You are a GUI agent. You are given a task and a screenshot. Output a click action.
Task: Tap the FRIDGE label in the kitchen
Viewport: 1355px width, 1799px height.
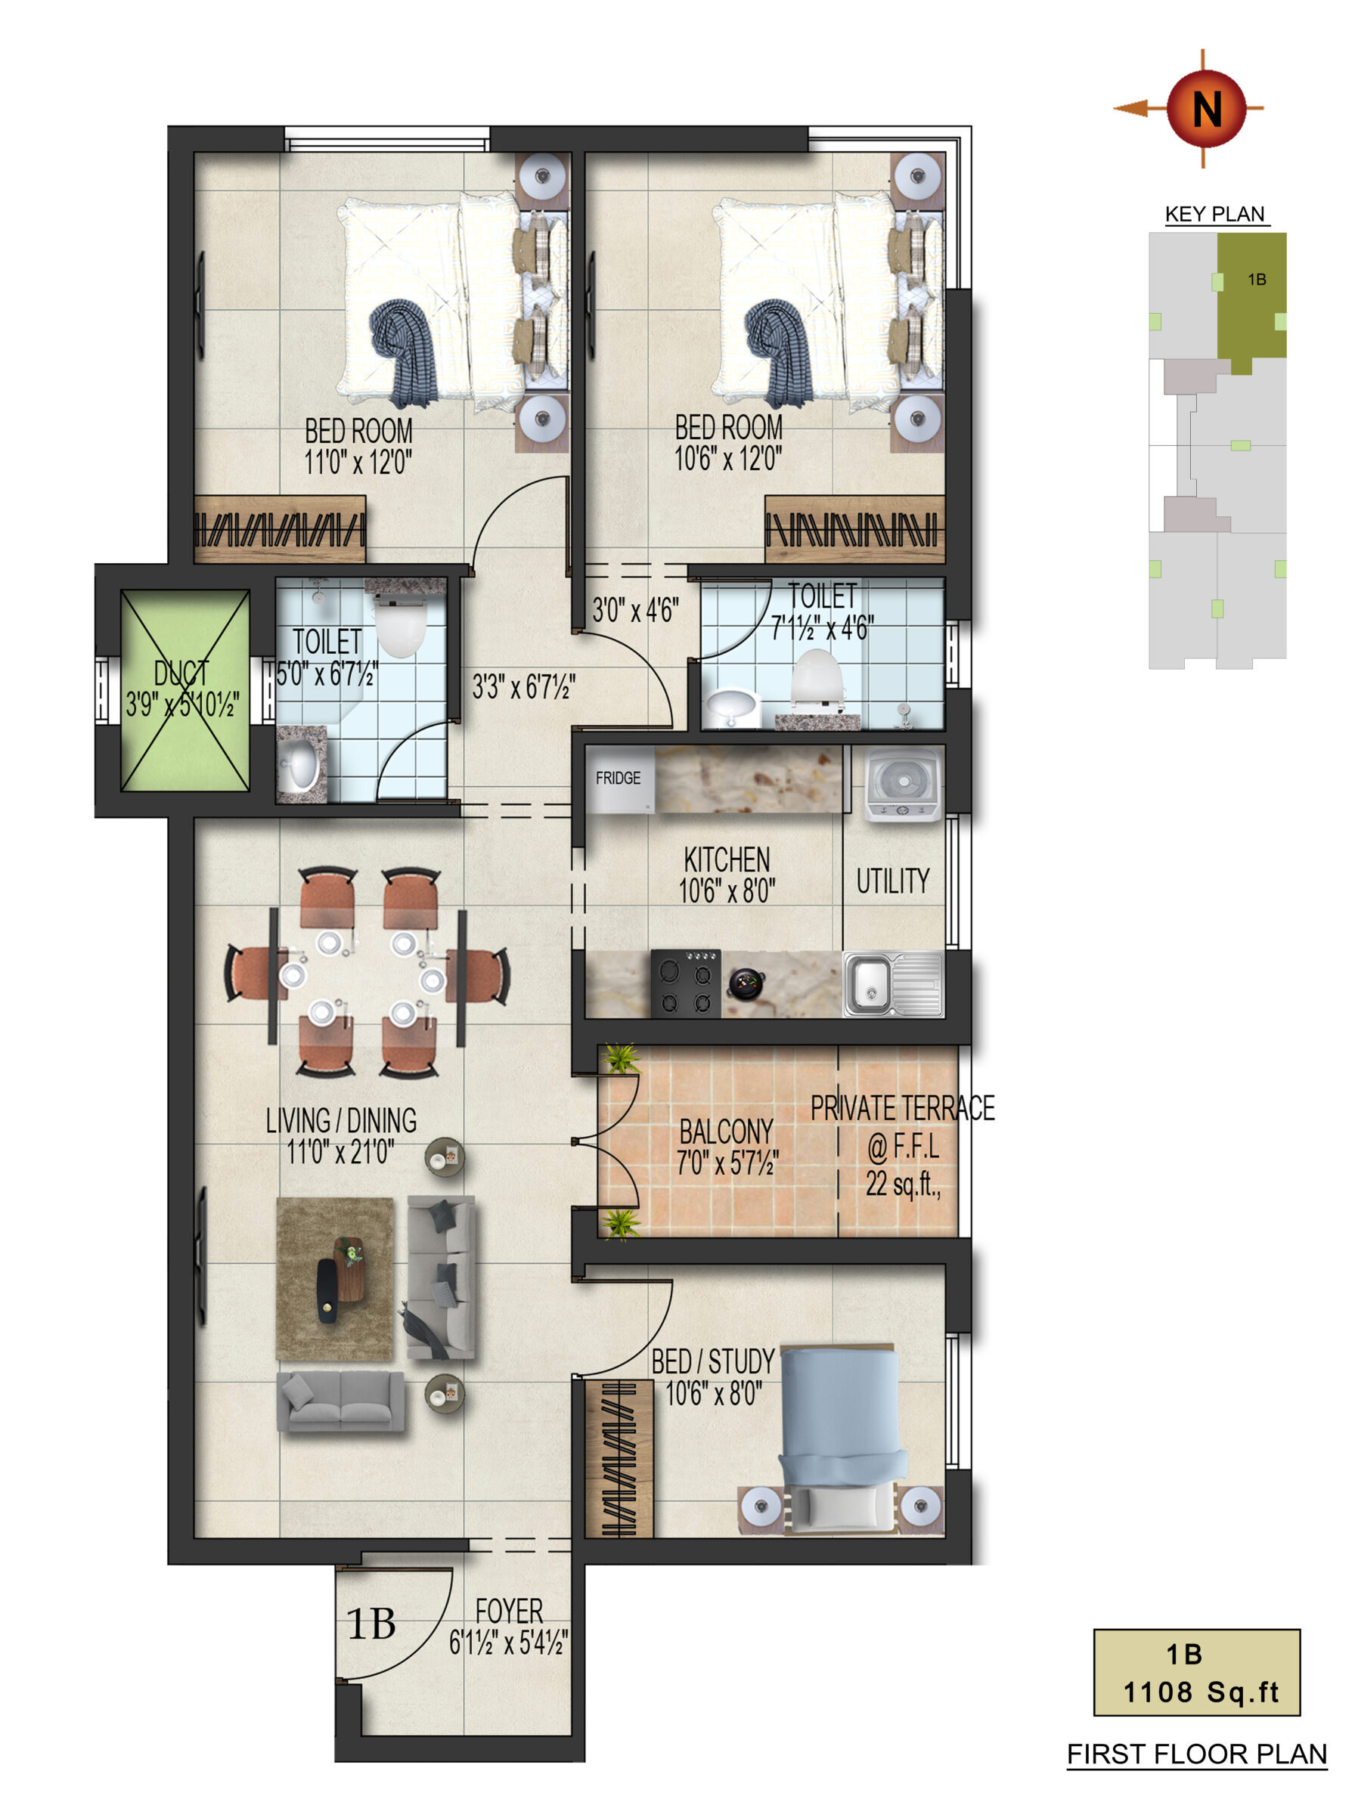(618, 779)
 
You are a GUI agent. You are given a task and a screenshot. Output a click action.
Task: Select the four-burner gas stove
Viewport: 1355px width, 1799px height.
(686, 983)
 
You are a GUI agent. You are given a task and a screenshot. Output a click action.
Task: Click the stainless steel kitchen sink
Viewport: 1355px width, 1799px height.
(893, 984)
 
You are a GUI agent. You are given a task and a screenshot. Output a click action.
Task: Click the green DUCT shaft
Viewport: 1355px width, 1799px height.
(185, 690)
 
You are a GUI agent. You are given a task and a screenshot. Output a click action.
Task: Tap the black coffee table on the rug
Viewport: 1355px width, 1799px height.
(327, 1291)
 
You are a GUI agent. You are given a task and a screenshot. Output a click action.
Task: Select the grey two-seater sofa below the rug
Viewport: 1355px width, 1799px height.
(341, 1401)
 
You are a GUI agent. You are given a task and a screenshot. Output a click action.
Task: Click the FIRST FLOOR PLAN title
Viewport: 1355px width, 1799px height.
(1196, 1754)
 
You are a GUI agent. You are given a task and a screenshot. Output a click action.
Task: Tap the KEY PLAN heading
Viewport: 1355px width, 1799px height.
(1215, 214)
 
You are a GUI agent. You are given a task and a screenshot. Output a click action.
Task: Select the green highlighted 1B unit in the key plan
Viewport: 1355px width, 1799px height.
(1251, 298)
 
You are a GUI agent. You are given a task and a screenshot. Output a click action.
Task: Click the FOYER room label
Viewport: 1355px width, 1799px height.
(509, 1611)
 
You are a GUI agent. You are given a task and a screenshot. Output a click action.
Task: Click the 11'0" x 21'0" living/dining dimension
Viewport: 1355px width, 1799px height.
(341, 1153)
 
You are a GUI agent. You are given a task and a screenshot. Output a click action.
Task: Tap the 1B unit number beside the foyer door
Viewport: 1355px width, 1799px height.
(372, 1625)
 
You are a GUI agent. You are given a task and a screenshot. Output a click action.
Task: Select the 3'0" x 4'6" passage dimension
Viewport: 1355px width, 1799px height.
(635, 610)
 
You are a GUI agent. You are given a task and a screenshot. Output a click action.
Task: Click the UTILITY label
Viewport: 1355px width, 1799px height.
(893, 881)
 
